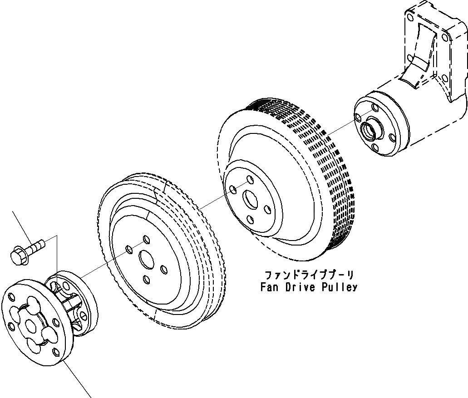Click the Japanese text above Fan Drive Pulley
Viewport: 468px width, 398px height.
click(309, 275)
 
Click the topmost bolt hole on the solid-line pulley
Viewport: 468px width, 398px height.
click(146, 239)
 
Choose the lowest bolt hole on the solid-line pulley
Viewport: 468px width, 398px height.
click(146, 279)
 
